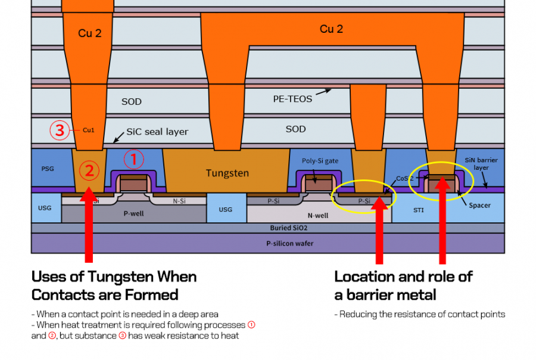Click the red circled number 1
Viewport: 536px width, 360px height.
pos(134,160)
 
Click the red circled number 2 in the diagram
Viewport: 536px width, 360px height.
pos(89,171)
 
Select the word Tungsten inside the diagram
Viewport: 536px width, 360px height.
pos(228,173)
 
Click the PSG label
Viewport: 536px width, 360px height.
pos(48,169)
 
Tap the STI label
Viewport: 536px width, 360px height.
pos(419,210)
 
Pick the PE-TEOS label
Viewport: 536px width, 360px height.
pos(288,99)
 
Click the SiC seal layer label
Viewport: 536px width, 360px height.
pos(157,132)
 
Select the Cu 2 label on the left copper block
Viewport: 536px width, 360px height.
pos(90,33)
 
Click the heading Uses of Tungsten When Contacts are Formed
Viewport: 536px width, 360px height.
pos(114,285)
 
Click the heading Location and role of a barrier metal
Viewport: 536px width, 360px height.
pos(403,285)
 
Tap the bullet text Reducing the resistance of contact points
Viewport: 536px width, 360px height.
pos(419,314)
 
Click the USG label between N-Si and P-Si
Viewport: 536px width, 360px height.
pos(225,209)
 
